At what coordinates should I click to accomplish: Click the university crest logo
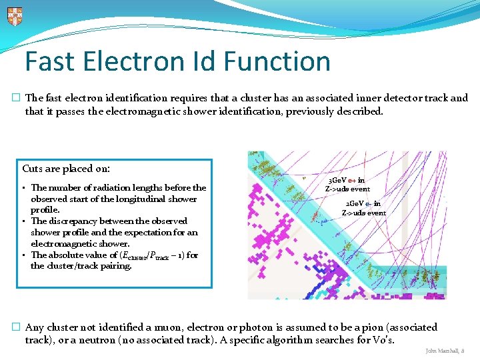tap(15, 16)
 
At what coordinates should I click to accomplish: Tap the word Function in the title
tap(279, 61)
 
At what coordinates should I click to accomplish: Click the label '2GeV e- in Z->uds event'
tap(363, 208)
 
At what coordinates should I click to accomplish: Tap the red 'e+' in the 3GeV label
tap(352, 180)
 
